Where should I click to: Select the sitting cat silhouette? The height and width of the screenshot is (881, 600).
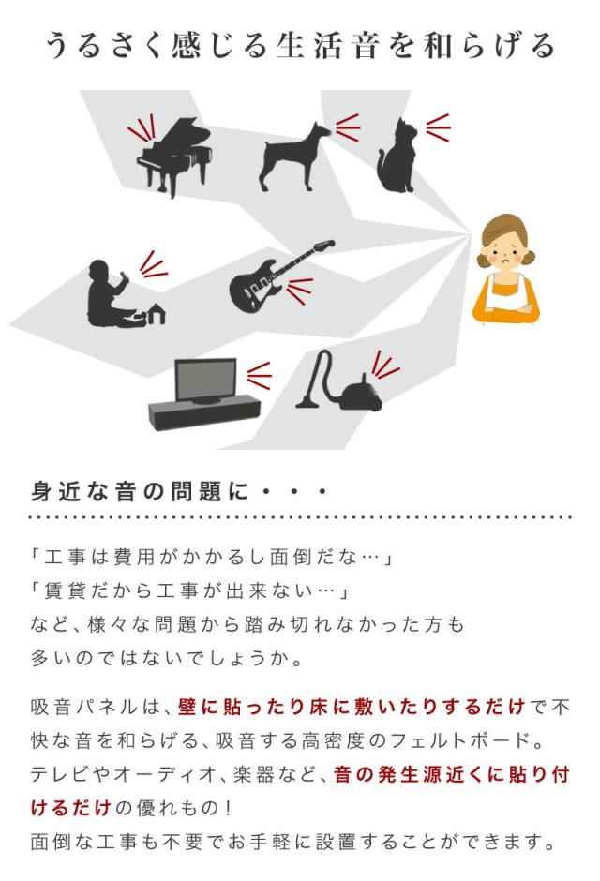(397, 157)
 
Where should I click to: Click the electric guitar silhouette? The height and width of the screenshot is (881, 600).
(281, 276)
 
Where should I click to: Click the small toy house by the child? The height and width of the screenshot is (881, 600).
(156, 315)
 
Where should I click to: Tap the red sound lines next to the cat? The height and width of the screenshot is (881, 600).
(439, 127)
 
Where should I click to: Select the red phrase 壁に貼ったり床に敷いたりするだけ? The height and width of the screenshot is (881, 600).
(352, 707)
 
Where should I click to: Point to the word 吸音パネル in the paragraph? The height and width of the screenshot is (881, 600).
(84, 707)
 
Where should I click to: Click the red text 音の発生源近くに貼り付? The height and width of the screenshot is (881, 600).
(452, 773)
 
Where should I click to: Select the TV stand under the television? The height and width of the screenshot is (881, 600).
(204, 412)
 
